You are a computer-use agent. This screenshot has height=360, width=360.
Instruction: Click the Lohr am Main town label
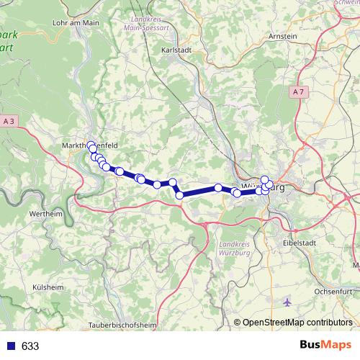tap(76, 23)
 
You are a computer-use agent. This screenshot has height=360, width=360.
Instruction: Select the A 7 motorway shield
tap(300, 91)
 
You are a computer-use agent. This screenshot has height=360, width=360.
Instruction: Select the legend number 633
tap(30, 346)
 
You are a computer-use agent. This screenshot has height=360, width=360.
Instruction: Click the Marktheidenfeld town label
tap(90, 144)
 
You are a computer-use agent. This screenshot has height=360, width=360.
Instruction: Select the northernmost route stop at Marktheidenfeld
tap(91, 145)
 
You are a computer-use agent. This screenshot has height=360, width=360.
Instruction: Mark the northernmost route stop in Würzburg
tap(264, 179)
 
